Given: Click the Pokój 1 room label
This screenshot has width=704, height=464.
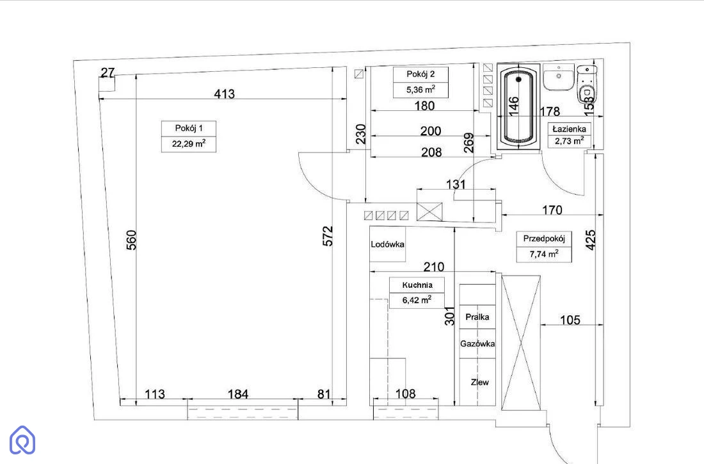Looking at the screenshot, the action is coord(189,128).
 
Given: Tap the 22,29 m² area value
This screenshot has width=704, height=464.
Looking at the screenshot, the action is coord(189,144).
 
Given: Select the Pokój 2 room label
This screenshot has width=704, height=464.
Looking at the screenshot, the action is coord(420,74).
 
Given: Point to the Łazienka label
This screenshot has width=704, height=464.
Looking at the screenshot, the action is coord(570,129).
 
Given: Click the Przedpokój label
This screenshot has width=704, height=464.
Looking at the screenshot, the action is coord(544,238).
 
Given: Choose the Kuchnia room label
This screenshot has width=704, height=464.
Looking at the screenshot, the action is coord(417,285).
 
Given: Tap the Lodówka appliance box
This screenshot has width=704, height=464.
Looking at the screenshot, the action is coord(387,244).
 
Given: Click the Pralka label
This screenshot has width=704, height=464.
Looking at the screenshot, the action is coord(477,317).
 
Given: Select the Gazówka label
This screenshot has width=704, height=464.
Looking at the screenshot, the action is coord(477,344).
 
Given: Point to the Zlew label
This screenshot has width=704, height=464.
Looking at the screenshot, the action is coord(479,382).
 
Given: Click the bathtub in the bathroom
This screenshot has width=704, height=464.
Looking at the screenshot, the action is coord(518,106).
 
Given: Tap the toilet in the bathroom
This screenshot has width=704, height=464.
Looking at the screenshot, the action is coord(586,84).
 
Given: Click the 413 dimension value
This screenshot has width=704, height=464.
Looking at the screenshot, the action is coord(224,94).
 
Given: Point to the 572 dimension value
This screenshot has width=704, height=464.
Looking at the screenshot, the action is coord(328,236).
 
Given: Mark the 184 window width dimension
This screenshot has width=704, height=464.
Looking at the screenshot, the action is coord(238,394).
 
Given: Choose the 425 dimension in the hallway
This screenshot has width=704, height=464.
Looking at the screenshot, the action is coord(591,240).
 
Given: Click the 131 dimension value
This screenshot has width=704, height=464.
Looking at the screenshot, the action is coord(456,185).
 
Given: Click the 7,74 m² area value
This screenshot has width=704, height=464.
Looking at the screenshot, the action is coord(544,254).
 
